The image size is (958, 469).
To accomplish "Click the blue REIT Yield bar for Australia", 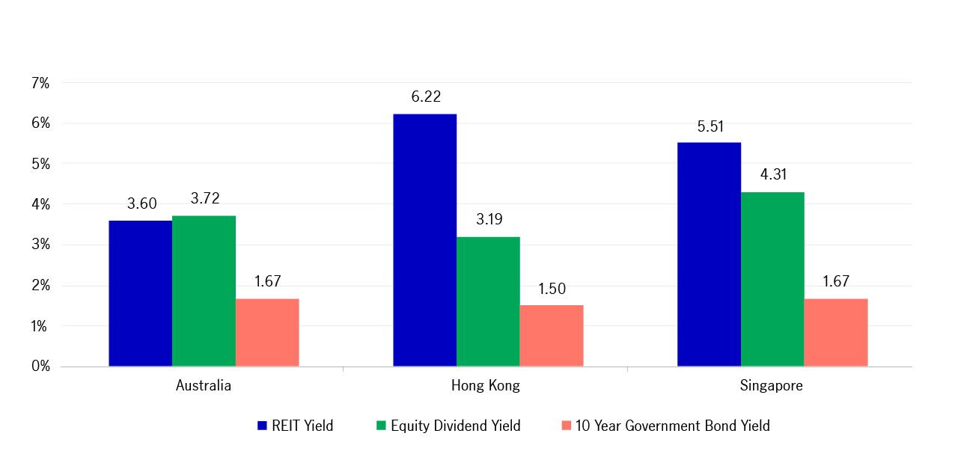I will [x=140, y=293].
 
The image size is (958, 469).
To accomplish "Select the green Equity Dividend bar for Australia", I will [x=204, y=291].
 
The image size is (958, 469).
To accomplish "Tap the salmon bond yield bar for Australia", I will [x=267, y=333].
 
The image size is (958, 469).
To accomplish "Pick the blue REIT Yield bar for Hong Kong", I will [x=424, y=240].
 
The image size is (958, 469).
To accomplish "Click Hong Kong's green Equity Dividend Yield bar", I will [x=488, y=301].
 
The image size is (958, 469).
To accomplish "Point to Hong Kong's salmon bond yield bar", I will [x=552, y=336].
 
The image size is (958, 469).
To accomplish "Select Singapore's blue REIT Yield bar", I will [x=709, y=254].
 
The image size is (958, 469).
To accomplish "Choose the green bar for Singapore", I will [x=772, y=279].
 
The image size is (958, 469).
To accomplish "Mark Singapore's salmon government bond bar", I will [x=836, y=333].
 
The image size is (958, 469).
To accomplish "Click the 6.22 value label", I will [x=425, y=96].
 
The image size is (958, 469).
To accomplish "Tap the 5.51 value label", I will [x=710, y=126].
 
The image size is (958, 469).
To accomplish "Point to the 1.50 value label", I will [x=552, y=289].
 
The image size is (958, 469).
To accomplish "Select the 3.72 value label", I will [x=204, y=199].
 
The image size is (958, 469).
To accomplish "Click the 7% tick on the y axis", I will [x=40, y=83].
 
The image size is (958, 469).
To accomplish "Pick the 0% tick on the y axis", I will [x=40, y=367].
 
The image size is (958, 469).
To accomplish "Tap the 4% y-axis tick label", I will [x=40, y=205].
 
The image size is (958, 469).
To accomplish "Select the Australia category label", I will [x=204, y=386].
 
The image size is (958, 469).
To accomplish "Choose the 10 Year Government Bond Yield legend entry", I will [x=665, y=426].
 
